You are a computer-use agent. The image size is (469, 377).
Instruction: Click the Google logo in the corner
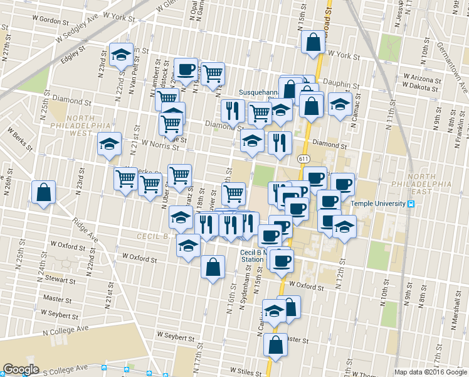(21, 369)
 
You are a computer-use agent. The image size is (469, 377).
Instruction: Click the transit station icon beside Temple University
(411, 204)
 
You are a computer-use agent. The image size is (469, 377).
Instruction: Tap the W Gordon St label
(45, 20)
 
